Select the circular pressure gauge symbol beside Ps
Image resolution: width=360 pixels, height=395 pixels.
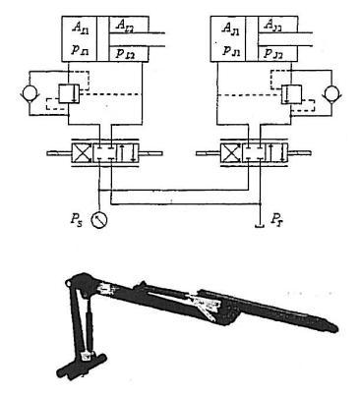pos(97,219)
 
